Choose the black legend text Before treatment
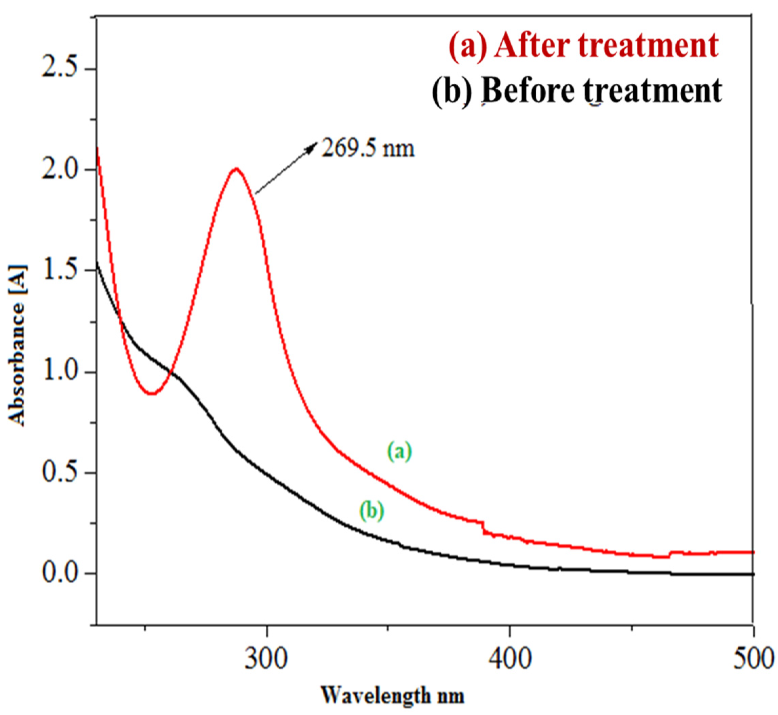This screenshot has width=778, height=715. coord(577,90)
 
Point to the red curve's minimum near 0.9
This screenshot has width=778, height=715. coord(153,394)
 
